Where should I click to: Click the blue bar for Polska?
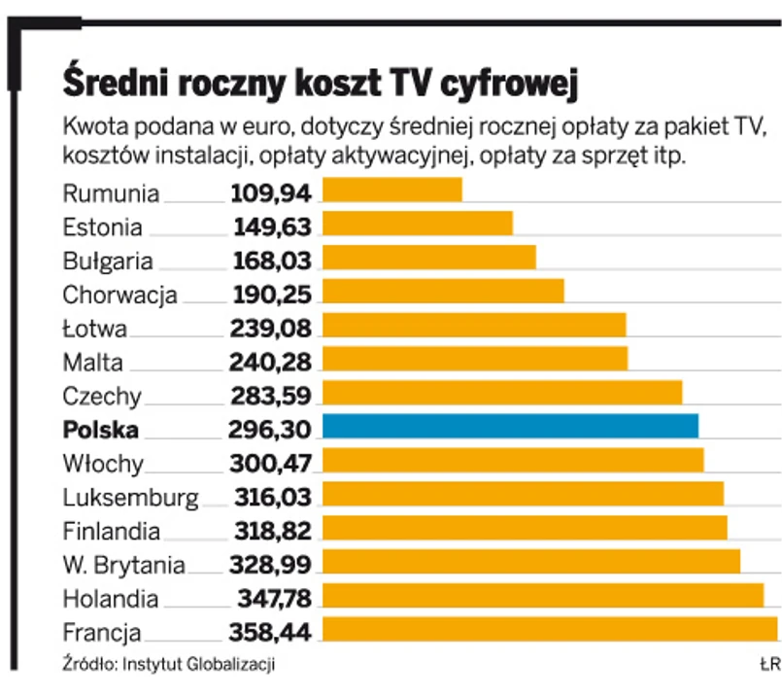point(510,427)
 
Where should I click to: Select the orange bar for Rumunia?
point(391,191)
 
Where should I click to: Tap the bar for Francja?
point(550,630)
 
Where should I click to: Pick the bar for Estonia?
point(417,225)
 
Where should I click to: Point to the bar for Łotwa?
point(473,326)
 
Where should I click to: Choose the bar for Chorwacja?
point(443,292)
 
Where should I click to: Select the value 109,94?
point(271,192)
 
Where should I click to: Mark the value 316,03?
point(272,498)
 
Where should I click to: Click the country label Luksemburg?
point(129,498)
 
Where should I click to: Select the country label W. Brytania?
point(122,566)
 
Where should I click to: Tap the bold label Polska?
point(100,430)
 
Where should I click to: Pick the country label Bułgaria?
point(107,261)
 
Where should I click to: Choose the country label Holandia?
point(109,599)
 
